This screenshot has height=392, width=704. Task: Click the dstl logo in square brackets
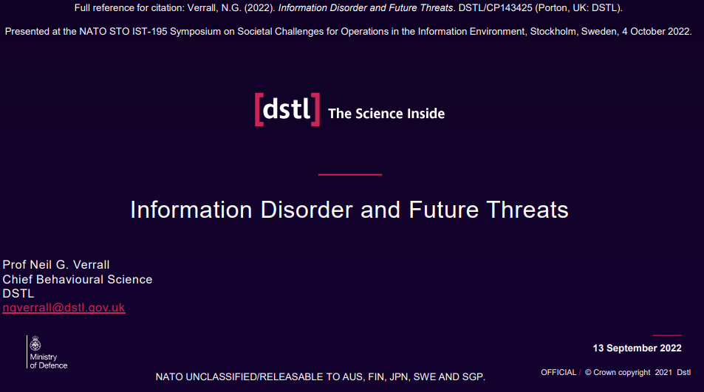pos(287,109)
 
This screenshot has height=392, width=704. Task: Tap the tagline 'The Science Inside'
pos(386,114)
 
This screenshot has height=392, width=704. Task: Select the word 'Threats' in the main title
pos(527,210)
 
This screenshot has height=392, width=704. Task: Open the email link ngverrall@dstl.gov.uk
pos(64,308)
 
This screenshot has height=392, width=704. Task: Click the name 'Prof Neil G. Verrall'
pos(56,264)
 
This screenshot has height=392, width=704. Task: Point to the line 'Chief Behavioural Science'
pos(78,280)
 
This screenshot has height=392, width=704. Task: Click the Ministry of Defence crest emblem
pos(35,344)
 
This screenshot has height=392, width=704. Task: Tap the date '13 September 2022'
pos(637,348)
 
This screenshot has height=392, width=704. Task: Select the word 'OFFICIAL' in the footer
pos(558,372)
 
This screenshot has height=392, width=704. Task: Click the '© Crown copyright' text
pos(618,372)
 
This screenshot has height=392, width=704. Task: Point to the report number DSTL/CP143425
pos(495,8)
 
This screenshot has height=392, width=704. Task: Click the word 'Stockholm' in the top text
pos(554,32)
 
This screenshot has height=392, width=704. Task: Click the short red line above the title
pos(350,174)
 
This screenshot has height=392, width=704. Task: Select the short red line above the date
pos(667,335)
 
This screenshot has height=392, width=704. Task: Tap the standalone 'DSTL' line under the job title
pos(18,293)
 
